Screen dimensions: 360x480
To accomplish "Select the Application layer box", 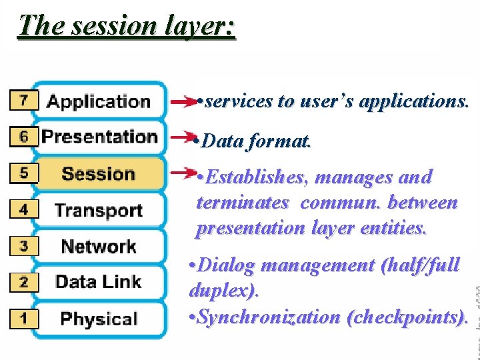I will pos(99,101).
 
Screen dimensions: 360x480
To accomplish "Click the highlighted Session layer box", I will pos(99,174).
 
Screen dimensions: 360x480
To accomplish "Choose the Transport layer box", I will pos(99,210).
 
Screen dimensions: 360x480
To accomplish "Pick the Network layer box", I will pos(99,246).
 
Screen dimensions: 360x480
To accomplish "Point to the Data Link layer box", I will pos(99,282).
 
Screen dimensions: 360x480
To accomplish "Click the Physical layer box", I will pos(99,318).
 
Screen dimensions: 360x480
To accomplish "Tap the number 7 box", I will pos(24,101).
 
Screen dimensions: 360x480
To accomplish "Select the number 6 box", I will pos(24,137).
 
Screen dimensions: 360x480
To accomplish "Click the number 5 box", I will pos(24,173).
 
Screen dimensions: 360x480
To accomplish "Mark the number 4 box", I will pos(24,209).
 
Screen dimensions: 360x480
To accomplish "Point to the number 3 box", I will pos(24,245).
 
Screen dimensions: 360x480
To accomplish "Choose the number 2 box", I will pos(24,281).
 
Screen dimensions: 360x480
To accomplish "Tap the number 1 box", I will pos(24,317).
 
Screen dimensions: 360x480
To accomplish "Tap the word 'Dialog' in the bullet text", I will pos(227,266).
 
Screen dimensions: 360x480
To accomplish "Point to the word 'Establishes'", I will pos(256,178).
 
